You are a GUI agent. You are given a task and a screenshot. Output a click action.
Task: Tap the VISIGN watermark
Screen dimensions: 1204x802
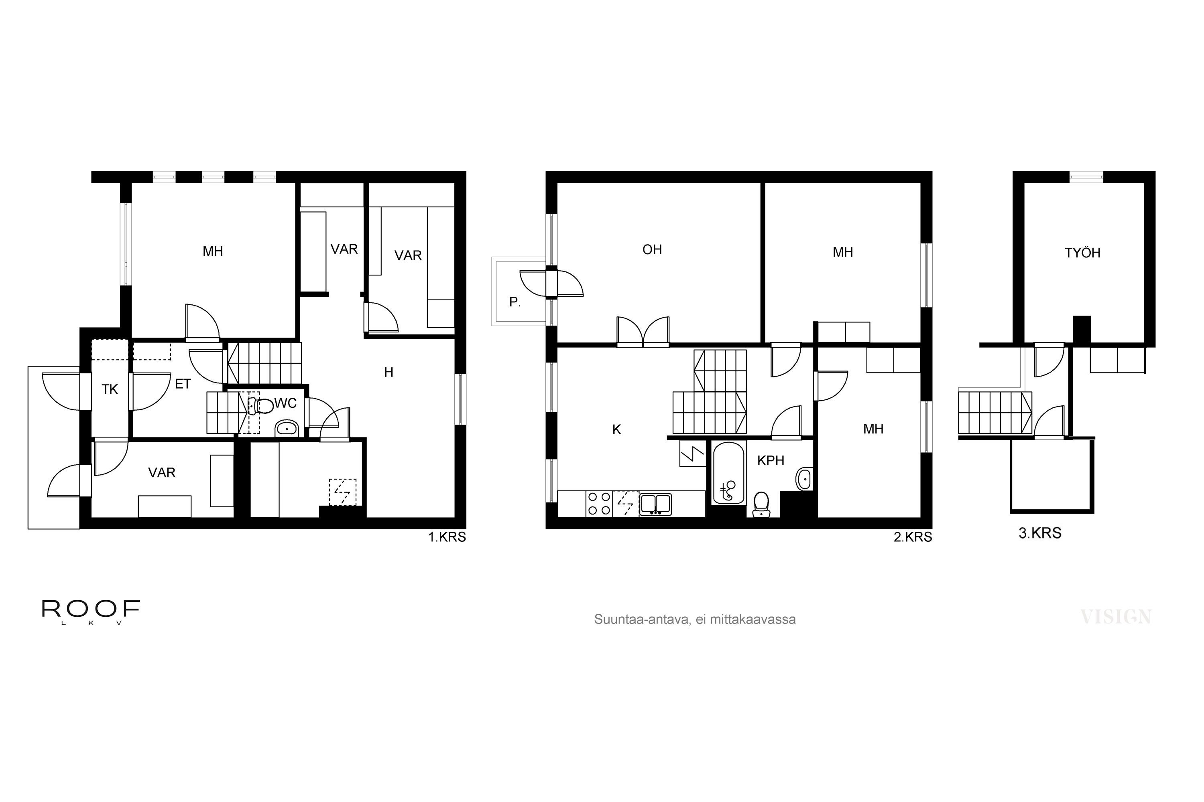click(x=1116, y=617)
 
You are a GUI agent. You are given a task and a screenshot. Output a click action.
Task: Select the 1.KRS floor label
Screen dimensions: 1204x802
click(x=447, y=537)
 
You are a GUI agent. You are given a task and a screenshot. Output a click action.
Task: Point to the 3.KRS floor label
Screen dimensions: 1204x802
click(x=1040, y=533)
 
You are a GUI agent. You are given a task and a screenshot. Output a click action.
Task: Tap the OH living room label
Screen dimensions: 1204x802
click(x=652, y=249)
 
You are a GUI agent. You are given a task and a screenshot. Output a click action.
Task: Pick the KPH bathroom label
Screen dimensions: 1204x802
click(x=771, y=460)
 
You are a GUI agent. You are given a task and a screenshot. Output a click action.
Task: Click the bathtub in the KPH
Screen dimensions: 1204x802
click(x=728, y=473)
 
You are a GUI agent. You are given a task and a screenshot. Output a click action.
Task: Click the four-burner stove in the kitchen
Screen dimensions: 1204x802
click(x=599, y=503)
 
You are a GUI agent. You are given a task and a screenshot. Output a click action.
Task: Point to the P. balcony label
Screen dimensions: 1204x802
click(x=515, y=302)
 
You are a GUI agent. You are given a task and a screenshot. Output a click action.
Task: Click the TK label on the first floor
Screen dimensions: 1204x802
click(x=110, y=390)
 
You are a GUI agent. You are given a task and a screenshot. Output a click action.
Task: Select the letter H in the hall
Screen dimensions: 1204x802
click(x=388, y=373)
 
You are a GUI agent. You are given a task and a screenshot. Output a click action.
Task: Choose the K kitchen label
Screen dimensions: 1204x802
click(x=616, y=429)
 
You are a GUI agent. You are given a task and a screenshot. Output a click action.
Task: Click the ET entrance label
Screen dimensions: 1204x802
click(x=183, y=384)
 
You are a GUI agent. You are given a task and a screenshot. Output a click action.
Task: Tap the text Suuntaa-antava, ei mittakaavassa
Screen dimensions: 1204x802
click(x=695, y=620)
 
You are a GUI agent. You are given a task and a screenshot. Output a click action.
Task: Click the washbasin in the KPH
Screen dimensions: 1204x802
click(x=804, y=479)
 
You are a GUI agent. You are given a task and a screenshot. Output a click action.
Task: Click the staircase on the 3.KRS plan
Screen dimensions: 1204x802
click(x=995, y=413)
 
